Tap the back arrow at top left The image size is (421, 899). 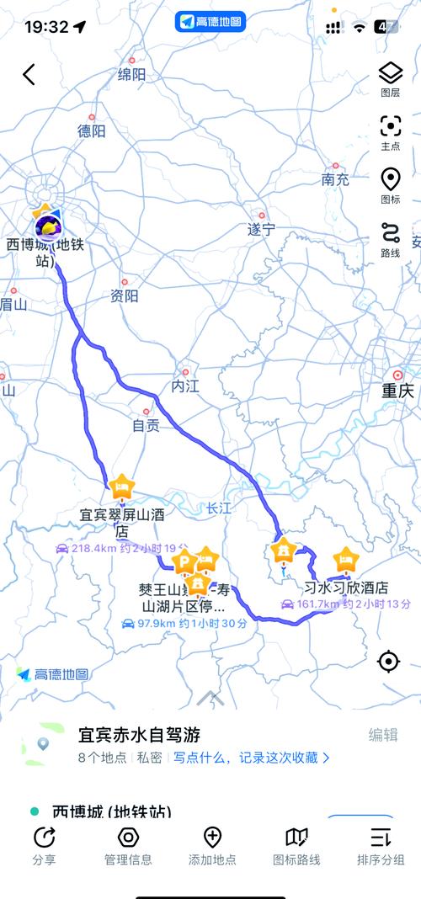click(29, 74)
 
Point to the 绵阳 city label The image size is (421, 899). click(131, 75)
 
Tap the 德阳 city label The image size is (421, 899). click(91, 131)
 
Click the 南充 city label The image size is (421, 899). click(334, 179)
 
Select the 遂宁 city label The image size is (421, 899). click(261, 229)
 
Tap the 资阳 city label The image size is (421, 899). click(124, 296)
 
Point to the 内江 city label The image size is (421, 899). click(184, 386)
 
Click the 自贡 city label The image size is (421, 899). click(146, 426)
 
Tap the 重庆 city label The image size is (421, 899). click(397, 391)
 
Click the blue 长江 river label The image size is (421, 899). click(218, 508)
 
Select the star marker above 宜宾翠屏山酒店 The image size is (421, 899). click(122, 486)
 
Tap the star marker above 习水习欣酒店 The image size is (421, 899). click(345, 558)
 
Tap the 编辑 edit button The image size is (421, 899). click(383, 735)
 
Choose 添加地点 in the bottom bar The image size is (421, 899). click(212, 846)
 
